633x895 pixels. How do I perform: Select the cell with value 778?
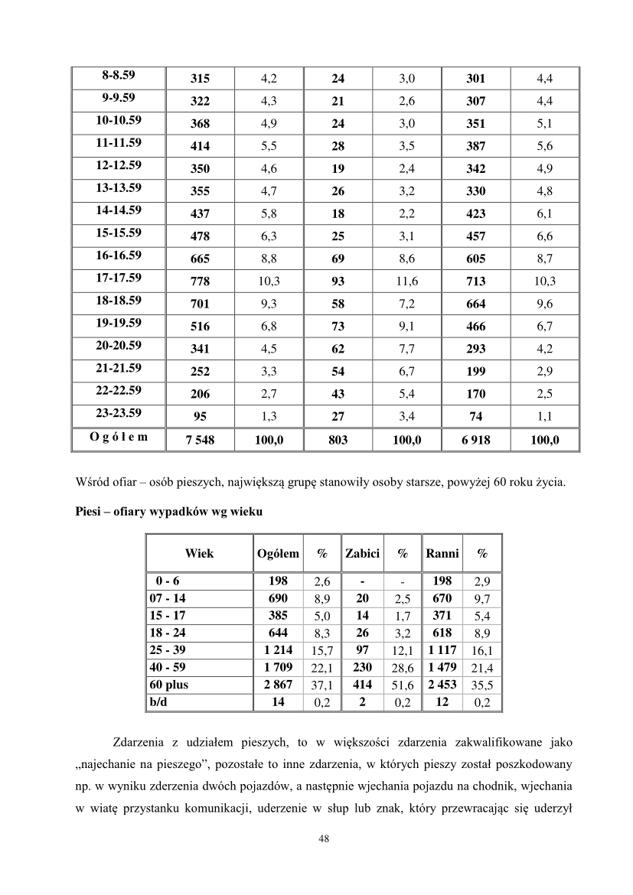pyautogui.click(x=201, y=282)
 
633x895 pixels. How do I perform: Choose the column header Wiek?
pyautogui.click(x=199, y=553)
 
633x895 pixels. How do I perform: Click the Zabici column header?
pyautogui.click(x=363, y=553)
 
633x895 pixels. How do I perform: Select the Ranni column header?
pyautogui.click(x=442, y=553)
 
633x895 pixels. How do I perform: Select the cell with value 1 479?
pyautogui.click(x=442, y=668)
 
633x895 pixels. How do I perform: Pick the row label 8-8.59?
pyautogui.click(x=119, y=75)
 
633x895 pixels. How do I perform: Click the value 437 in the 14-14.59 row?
pyautogui.click(x=201, y=214)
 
